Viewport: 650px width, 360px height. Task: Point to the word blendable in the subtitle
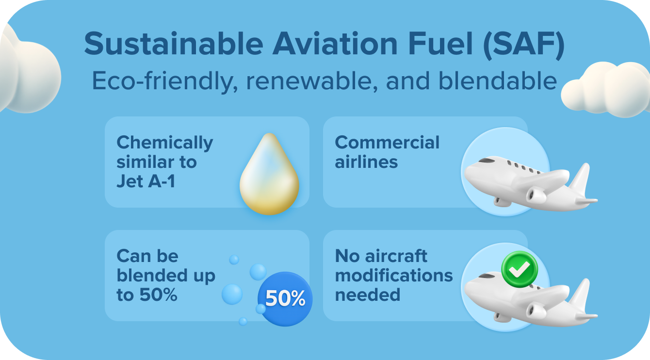(497, 81)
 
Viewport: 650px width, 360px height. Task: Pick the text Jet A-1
(146, 181)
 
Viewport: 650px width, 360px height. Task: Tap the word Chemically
(165, 143)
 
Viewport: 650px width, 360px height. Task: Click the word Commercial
(387, 143)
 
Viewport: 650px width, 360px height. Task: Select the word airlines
(366, 162)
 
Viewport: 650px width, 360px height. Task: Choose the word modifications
(394, 276)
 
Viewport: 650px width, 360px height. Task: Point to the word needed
(367, 295)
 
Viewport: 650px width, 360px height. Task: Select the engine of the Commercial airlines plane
(536, 195)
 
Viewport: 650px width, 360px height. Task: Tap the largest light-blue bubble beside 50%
(232, 294)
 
